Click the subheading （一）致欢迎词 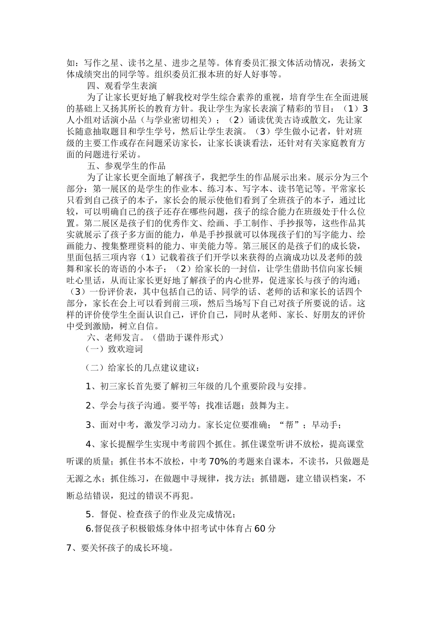[114, 349]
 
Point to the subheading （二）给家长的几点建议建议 [143, 368]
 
